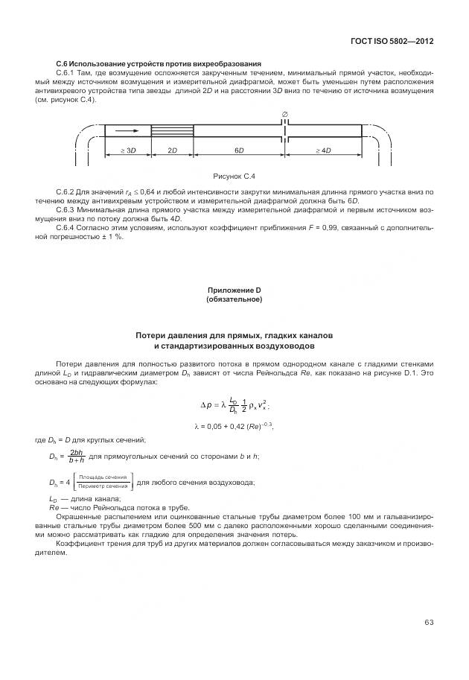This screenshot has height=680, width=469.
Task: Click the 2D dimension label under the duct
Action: pos(172,150)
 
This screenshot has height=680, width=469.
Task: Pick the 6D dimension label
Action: pos(239,150)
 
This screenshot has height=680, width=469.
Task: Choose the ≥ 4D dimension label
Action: pos(322,150)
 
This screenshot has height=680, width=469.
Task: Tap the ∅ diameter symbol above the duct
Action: pos(284,114)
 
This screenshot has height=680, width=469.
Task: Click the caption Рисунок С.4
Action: pos(234,176)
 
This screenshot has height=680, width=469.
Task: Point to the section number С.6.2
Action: pos(67,191)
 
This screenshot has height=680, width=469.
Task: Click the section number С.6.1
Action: pos(67,72)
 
